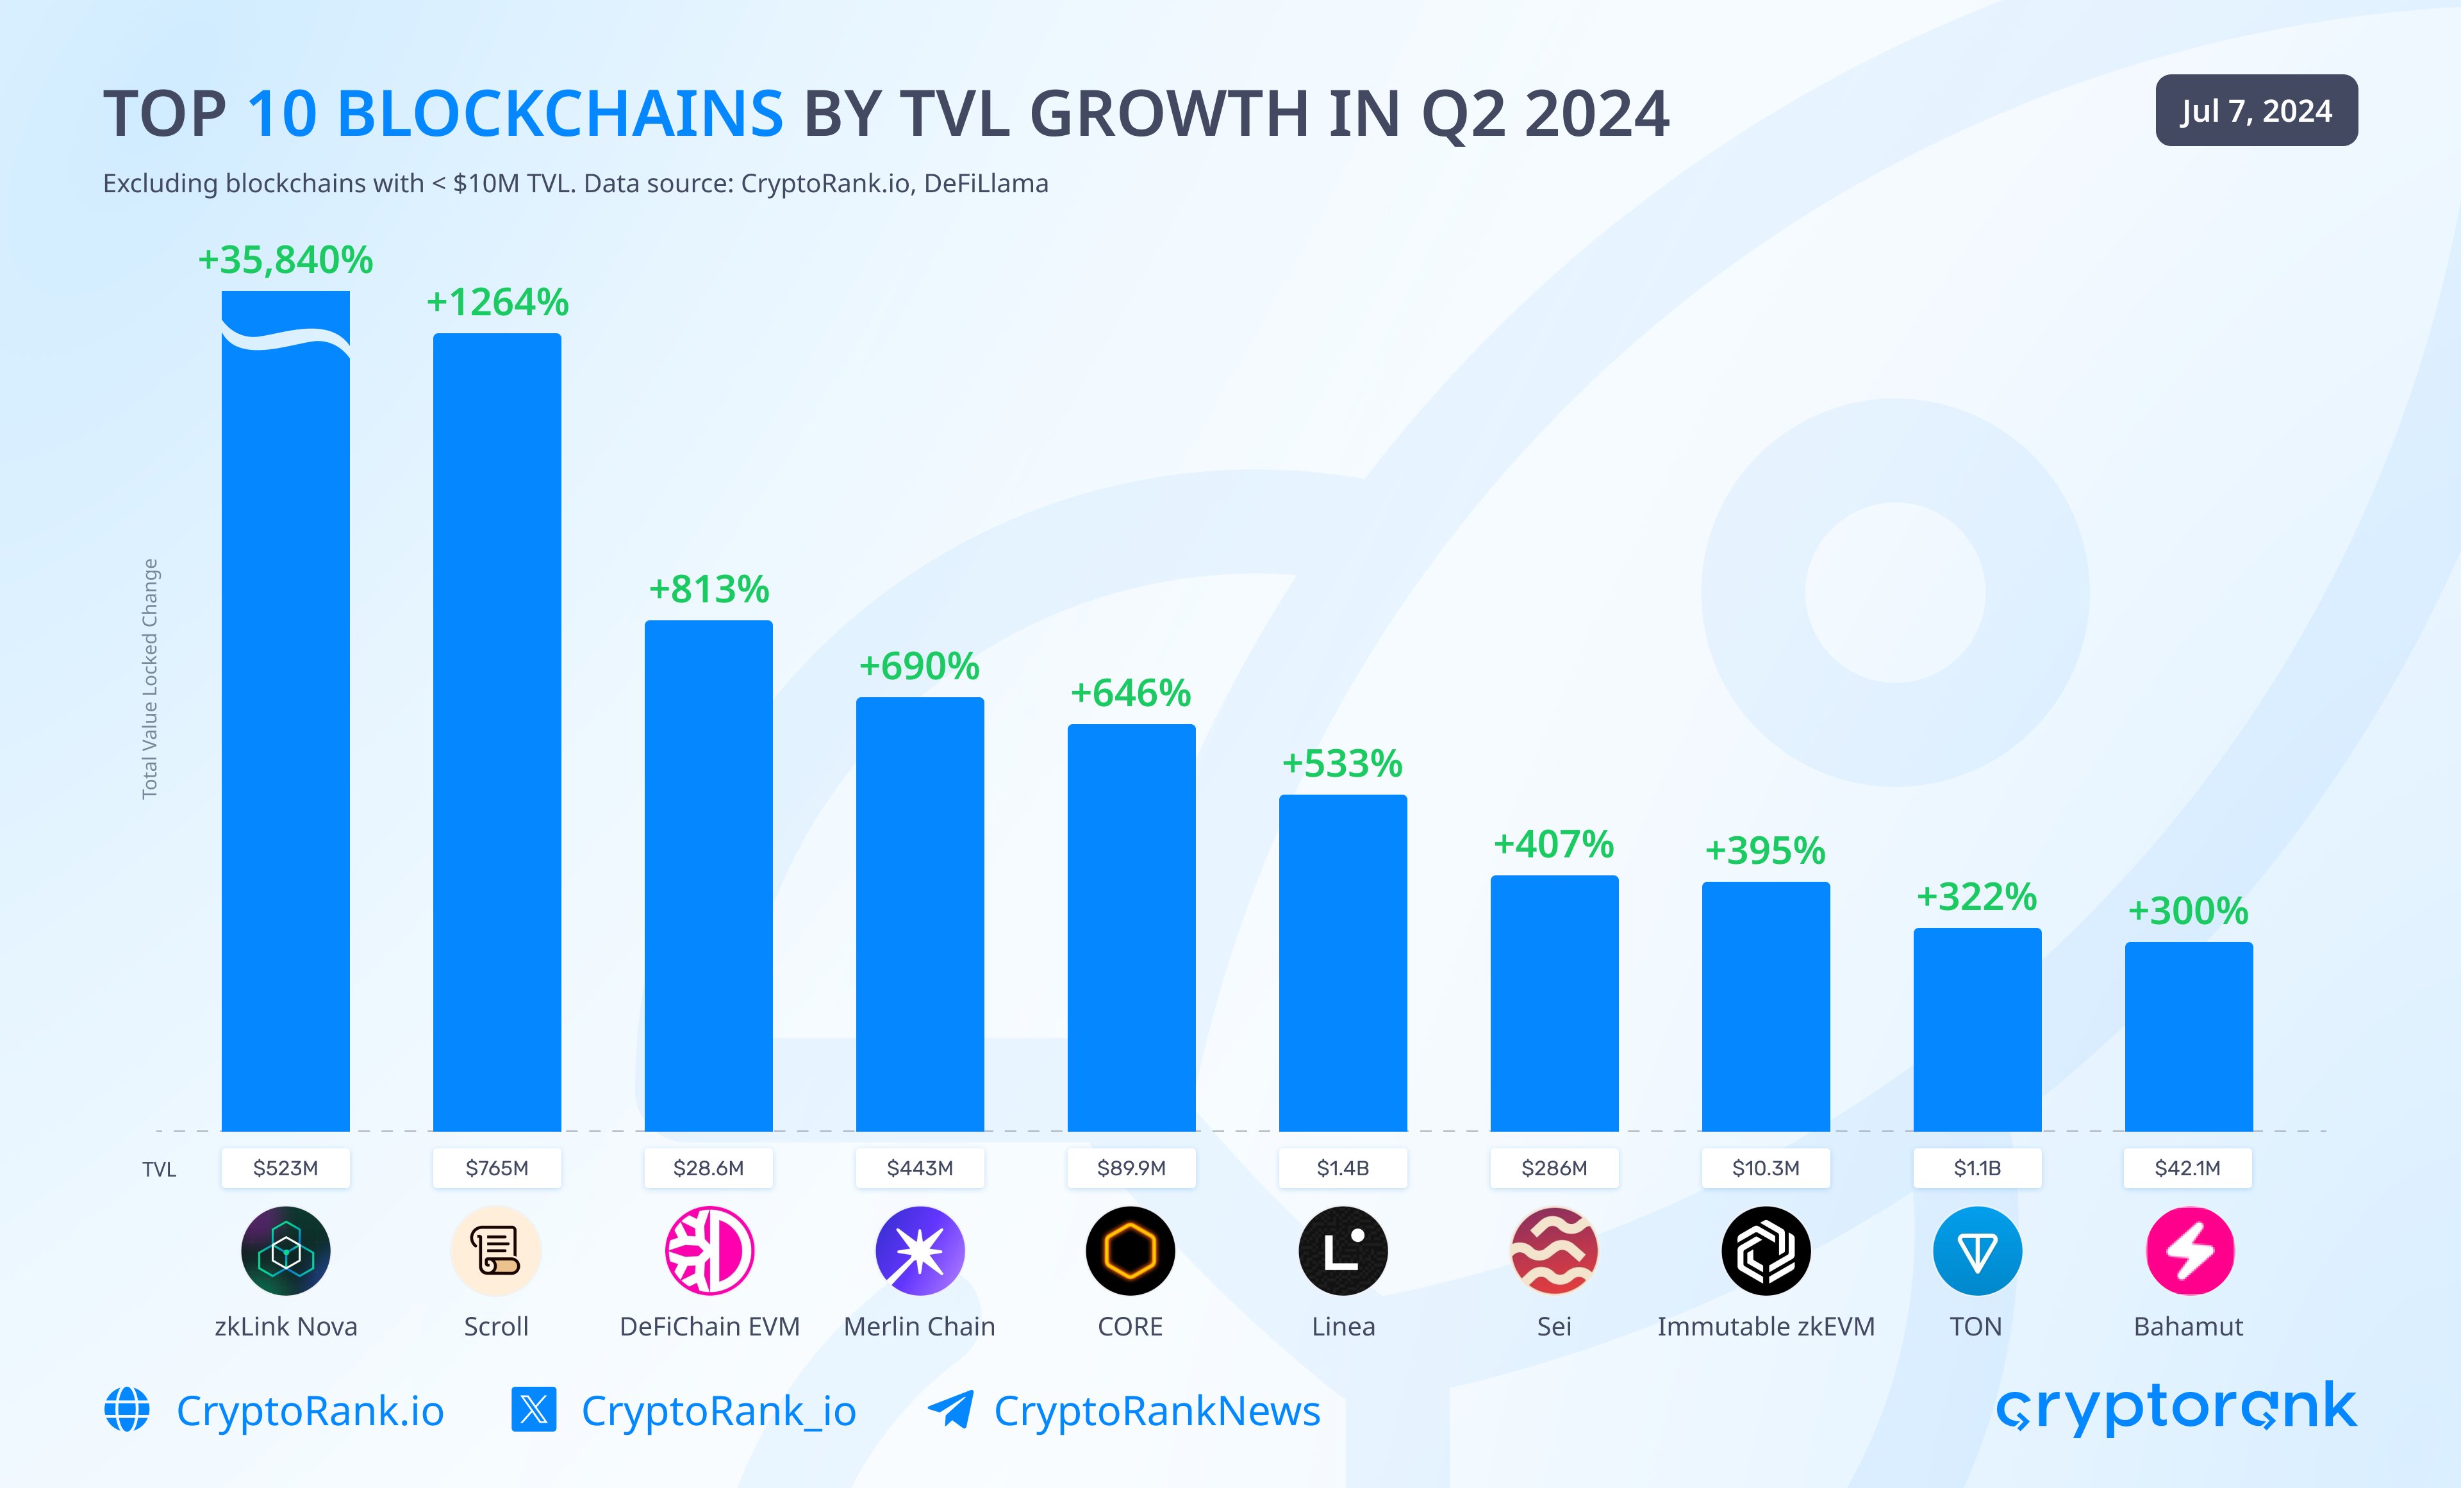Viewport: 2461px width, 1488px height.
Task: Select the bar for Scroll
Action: tap(497, 731)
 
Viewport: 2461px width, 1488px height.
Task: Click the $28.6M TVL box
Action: tap(708, 1168)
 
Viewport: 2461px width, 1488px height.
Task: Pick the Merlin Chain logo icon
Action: tap(920, 1250)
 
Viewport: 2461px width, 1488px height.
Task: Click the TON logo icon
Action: tap(1976, 1250)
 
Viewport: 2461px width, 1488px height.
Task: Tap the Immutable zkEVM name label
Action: tap(1766, 1327)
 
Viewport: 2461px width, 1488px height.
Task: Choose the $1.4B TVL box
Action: tap(1343, 1168)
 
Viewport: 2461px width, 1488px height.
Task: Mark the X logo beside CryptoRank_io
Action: tap(533, 1409)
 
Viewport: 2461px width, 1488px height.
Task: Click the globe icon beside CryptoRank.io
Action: tap(127, 1409)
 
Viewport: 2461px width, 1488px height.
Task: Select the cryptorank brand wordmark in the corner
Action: tap(2175, 1407)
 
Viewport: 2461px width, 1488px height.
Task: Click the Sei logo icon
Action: tap(1554, 1250)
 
